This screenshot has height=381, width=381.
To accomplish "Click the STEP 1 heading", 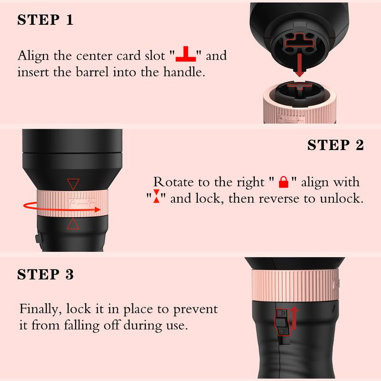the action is click(x=45, y=20).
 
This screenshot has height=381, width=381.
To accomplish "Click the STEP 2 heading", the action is click(x=336, y=145).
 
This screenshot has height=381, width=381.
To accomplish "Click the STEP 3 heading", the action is click(x=45, y=274).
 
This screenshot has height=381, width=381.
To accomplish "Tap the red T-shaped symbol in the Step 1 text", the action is click(x=186, y=54).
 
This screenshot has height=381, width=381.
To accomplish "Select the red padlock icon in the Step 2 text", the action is click(x=283, y=182).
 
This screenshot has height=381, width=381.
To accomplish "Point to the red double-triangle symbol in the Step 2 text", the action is click(x=157, y=196).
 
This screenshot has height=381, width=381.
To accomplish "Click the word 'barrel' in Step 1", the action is click(x=92, y=72).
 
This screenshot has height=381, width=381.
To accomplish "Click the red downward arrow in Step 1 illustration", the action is click(x=300, y=65).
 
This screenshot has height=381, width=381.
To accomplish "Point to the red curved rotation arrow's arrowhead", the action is click(x=98, y=210).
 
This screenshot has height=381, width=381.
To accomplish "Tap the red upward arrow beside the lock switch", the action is click(x=294, y=318).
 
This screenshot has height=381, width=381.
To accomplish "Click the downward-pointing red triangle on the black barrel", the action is click(x=73, y=184).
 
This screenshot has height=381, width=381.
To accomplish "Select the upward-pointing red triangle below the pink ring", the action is click(x=73, y=223).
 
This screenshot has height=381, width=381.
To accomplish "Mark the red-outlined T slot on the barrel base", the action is click(x=300, y=40).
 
